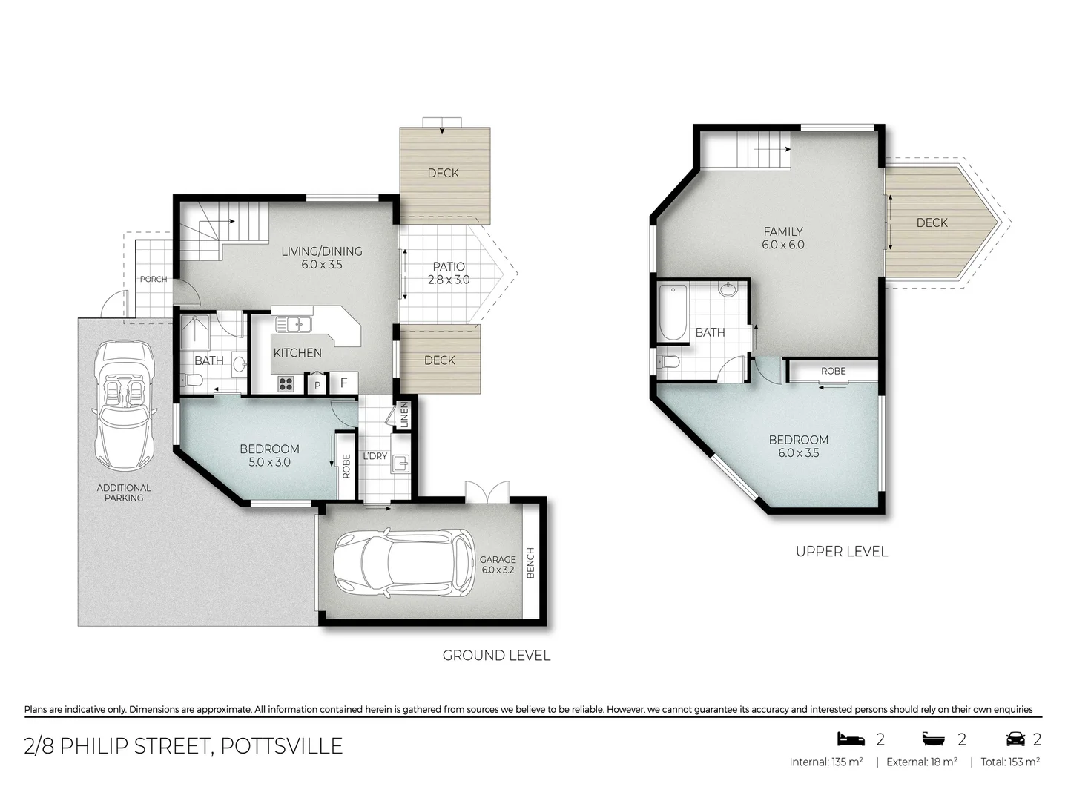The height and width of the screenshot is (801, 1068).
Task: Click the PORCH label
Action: [x=154, y=279]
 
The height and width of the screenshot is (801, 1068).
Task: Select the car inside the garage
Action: [x=404, y=564]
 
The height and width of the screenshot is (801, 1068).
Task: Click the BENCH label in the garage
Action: [x=530, y=563]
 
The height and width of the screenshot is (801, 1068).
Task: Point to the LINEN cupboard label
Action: [x=404, y=415]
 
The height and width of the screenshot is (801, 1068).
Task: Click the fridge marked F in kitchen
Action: [x=343, y=383]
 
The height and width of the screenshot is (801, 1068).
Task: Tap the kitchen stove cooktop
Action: [x=286, y=383]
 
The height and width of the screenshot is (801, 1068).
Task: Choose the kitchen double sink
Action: [x=294, y=324]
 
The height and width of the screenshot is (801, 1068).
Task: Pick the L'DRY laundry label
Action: [x=375, y=455]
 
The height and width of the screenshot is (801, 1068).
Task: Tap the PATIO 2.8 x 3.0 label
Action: [x=449, y=273]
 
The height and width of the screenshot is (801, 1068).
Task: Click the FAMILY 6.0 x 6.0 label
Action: [x=783, y=238]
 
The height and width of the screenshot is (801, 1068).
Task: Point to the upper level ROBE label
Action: [x=833, y=371]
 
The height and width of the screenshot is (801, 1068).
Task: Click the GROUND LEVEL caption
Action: [x=496, y=656]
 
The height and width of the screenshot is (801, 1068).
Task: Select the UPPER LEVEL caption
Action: [x=841, y=551]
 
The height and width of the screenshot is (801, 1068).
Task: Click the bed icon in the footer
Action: [x=851, y=739]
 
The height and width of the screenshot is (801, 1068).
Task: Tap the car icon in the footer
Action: [x=1015, y=739]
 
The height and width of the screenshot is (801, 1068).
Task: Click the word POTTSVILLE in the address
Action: [x=282, y=745]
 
